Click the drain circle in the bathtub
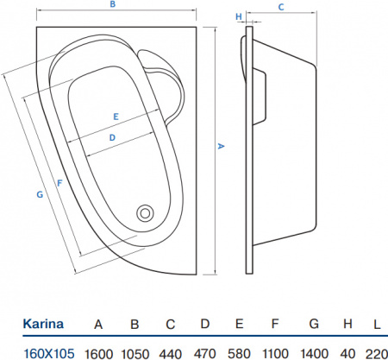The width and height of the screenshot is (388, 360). click(x=145, y=211)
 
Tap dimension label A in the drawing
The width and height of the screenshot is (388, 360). click(x=220, y=148)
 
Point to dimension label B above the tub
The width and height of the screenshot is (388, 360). click(x=111, y=5)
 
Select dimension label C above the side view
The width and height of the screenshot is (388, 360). click(x=282, y=7)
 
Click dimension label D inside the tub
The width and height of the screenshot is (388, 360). click(x=112, y=137)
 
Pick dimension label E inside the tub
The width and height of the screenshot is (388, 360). click(x=115, y=116)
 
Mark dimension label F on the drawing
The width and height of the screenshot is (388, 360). click(x=58, y=183)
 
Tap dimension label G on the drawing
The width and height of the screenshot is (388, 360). click(x=40, y=195)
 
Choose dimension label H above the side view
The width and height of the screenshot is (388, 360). click(x=238, y=16)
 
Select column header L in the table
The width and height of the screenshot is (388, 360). click(x=377, y=325)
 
